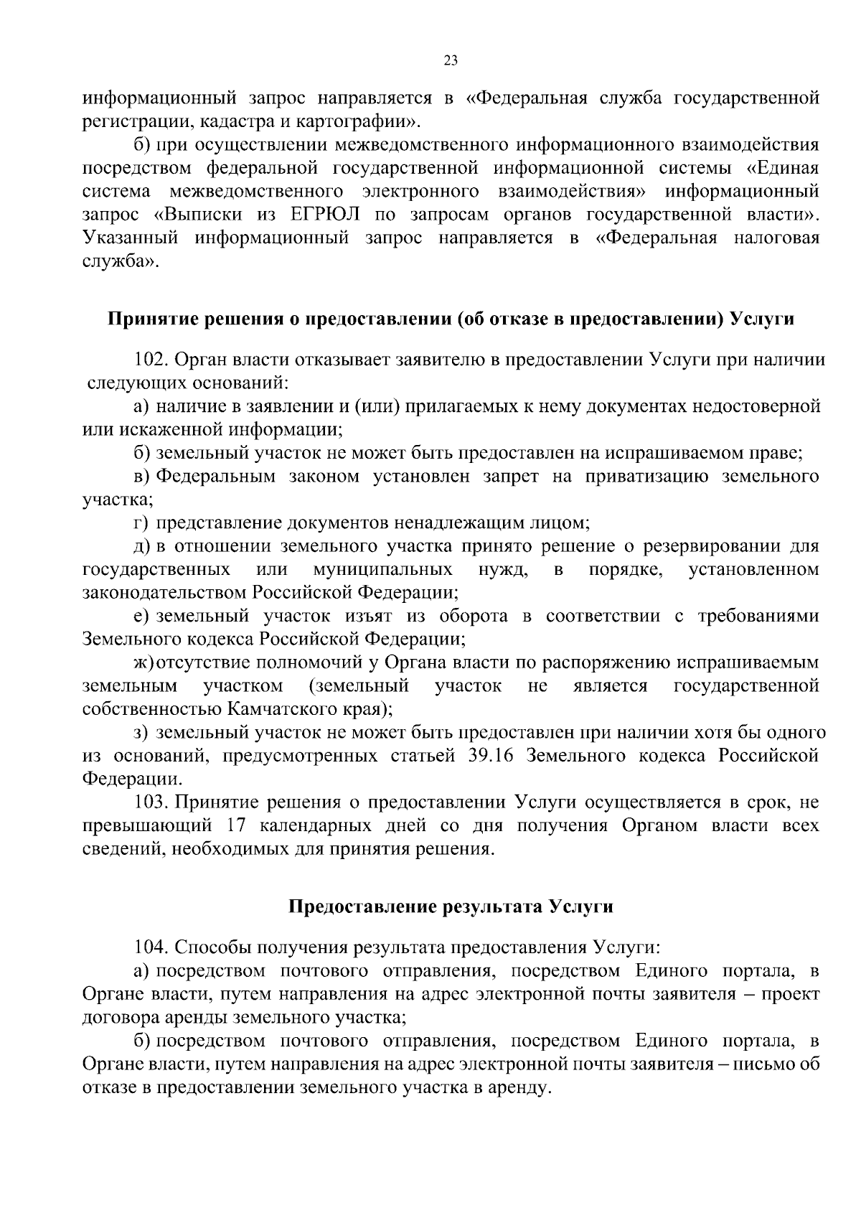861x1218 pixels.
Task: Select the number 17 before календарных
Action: click(x=237, y=825)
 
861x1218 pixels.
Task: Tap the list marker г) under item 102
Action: click(x=141, y=523)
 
